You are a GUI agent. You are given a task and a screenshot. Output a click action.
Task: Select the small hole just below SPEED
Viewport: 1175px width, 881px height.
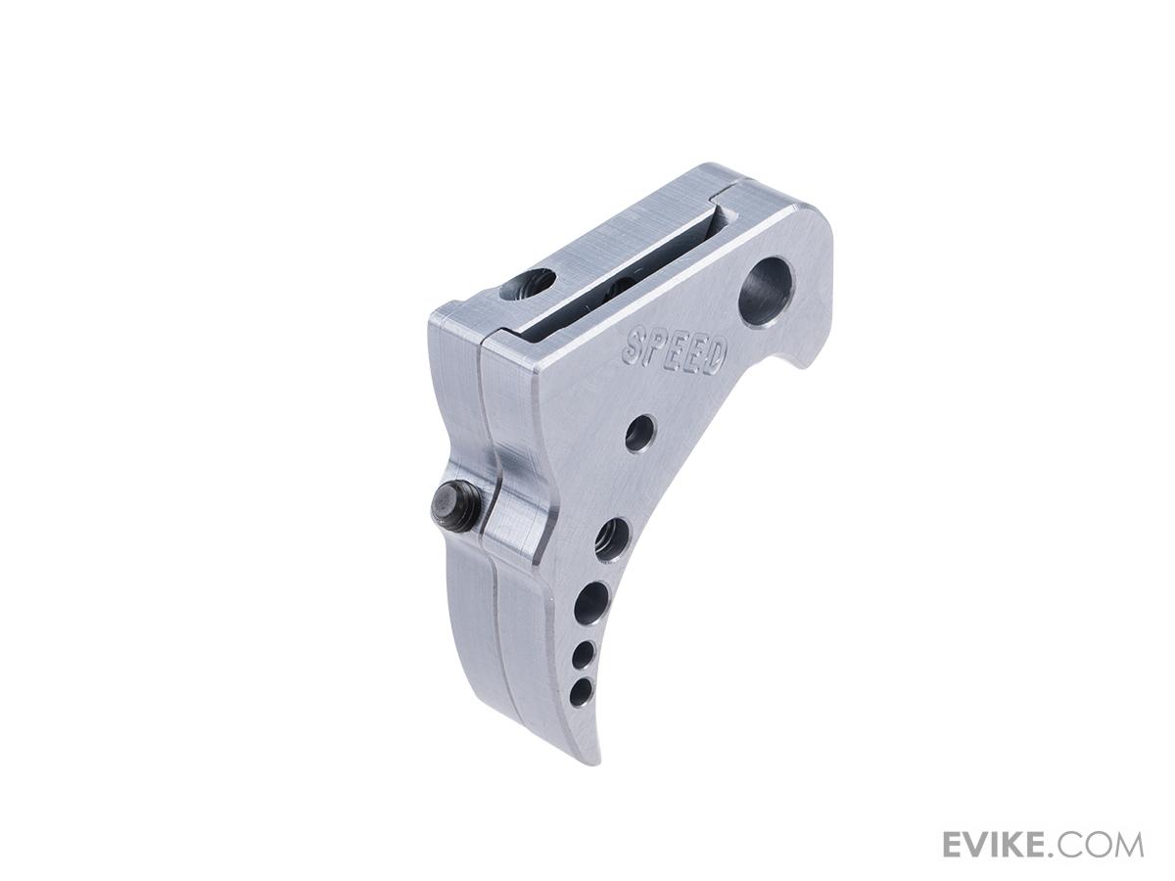pos(640,434)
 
